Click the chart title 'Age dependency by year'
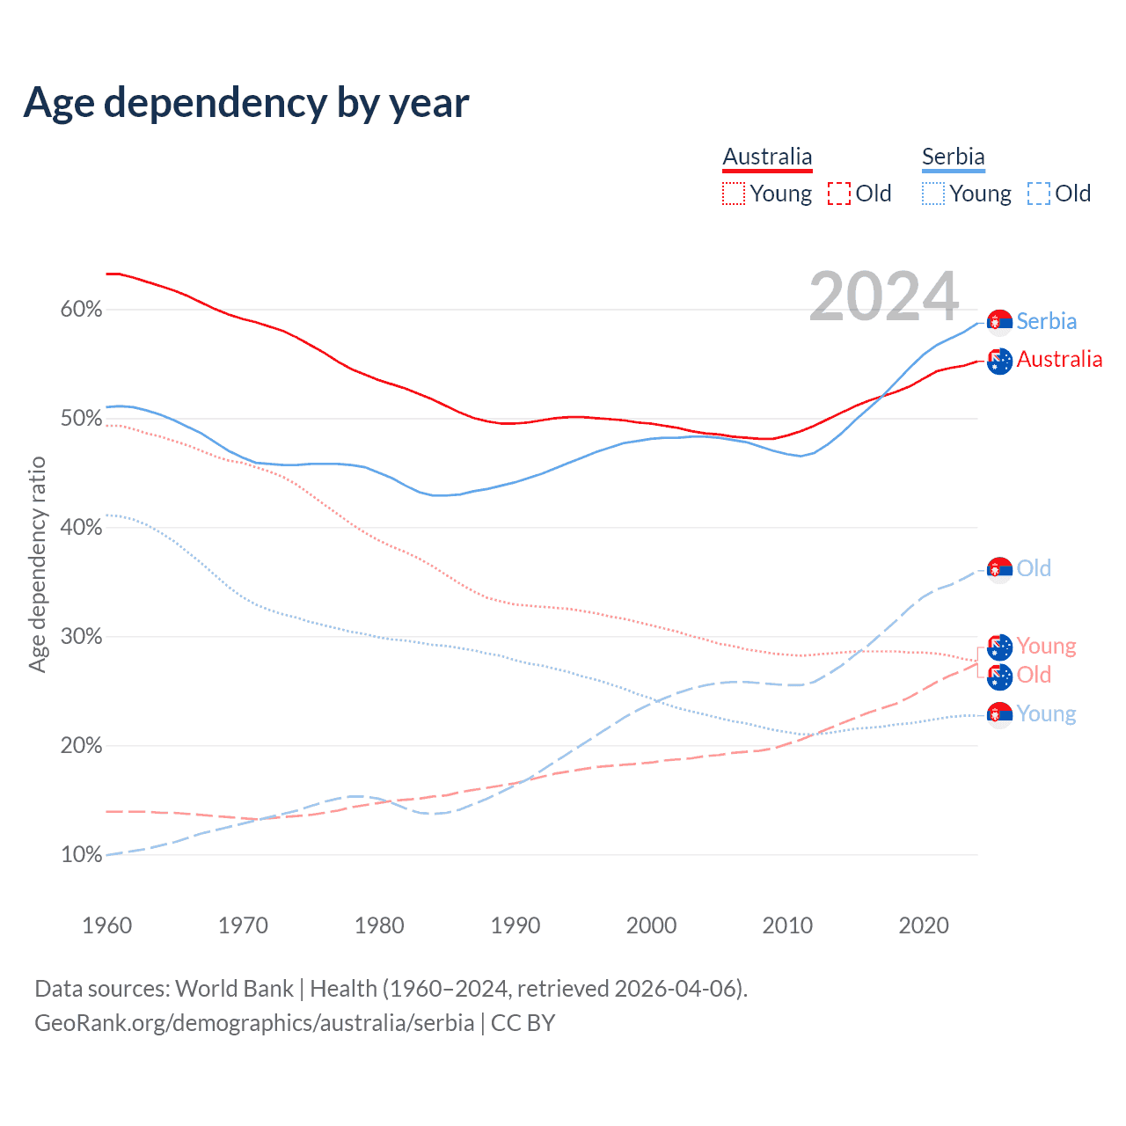[x=246, y=103]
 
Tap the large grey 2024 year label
[x=883, y=297]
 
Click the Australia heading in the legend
[x=767, y=157]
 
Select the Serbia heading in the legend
[x=953, y=157]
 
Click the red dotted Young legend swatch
[x=734, y=194]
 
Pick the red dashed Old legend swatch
[x=839, y=194]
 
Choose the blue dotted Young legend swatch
[x=933, y=194]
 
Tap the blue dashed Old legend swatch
[x=1039, y=194]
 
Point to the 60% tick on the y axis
[x=81, y=310]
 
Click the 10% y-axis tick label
[x=81, y=855]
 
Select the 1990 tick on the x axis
[x=515, y=925]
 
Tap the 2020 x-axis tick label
[x=924, y=925]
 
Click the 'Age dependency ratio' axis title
[x=37, y=564]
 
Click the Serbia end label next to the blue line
[x=1046, y=321]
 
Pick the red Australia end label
[x=1059, y=359]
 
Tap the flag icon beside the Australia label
[x=999, y=361]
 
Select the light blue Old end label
[x=1034, y=568]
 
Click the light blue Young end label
[x=1046, y=713]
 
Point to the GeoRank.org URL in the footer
[x=254, y=1023]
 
